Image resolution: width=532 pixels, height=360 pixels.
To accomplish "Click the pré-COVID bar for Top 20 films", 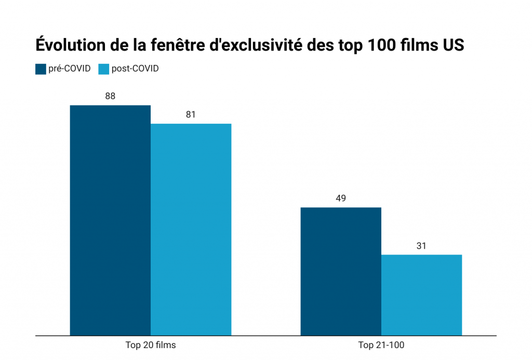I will tap(110, 220).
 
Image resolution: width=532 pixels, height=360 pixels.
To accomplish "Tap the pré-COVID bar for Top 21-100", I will tap(341, 271).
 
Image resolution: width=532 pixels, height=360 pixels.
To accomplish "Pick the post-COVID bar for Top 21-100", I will tap(421, 295).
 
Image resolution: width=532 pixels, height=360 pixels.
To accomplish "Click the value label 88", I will tap(110, 96).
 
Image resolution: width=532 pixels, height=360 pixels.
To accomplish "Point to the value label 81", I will tap(191, 114).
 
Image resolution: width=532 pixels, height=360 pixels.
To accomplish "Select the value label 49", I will tap(341, 198).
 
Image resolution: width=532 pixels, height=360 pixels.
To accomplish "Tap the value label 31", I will tap(421, 245).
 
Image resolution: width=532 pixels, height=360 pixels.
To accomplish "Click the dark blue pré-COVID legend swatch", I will tap(41, 69).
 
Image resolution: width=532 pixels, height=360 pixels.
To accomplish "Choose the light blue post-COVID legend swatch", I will tap(103, 69).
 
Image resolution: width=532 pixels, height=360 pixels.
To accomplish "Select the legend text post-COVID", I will tap(135, 69).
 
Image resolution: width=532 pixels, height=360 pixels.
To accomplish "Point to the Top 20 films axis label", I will tap(151, 345).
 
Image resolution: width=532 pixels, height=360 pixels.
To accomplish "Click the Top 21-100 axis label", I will tap(381, 345).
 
